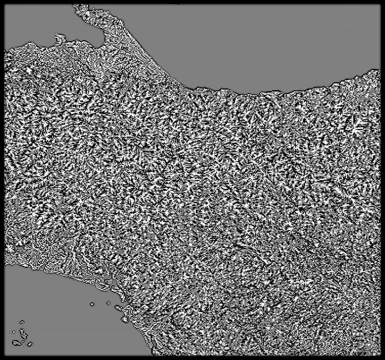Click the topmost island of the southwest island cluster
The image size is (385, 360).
coord(22,322)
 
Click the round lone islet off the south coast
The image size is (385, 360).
coord(92,304)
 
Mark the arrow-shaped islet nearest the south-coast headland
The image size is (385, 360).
coord(109,303)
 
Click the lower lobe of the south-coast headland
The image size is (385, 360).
coord(124,319)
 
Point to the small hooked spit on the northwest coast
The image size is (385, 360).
coord(59,36)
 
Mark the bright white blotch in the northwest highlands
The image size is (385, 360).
coord(29,70)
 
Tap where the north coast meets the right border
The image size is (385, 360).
coord(379,70)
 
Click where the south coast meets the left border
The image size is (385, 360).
coord(5,263)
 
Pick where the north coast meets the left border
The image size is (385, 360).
coord(5,50)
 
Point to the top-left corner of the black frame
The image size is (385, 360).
coord(1,1)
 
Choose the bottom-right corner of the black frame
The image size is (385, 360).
coord(383,358)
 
